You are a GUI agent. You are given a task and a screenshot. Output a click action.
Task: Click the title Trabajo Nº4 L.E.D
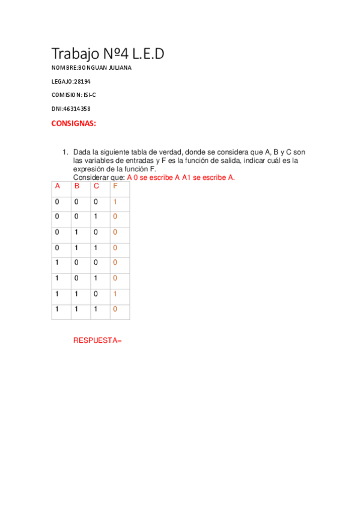click(x=108, y=54)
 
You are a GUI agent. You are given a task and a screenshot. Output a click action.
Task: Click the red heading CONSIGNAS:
click(x=73, y=123)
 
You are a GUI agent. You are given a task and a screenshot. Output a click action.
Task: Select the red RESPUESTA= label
click(x=97, y=340)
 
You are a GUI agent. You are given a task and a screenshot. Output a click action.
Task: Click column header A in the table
click(x=58, y=186)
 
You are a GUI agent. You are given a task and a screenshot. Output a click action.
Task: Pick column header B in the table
click(x=77, y=186)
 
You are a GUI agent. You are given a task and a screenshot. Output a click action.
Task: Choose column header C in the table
click(x=96, y=186)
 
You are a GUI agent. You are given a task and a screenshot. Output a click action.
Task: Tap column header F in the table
click(x=115, y=186)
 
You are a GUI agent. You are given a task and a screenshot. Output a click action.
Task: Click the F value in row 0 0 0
click(x=115, y=201)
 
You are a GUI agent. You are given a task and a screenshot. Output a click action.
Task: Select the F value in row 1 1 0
click(x=115, y=293)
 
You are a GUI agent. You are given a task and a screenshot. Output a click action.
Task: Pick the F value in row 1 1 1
click(x=115, y=309)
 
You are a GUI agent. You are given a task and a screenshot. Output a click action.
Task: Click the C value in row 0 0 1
click(x=96, y=217)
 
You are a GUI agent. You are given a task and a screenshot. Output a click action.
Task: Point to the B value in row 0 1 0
click(x=76, y=232)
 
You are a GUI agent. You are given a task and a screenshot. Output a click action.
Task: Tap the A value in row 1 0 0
click(x=57, y=263)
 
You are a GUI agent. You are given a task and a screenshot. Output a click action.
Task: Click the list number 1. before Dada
click(x=66, y=153)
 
